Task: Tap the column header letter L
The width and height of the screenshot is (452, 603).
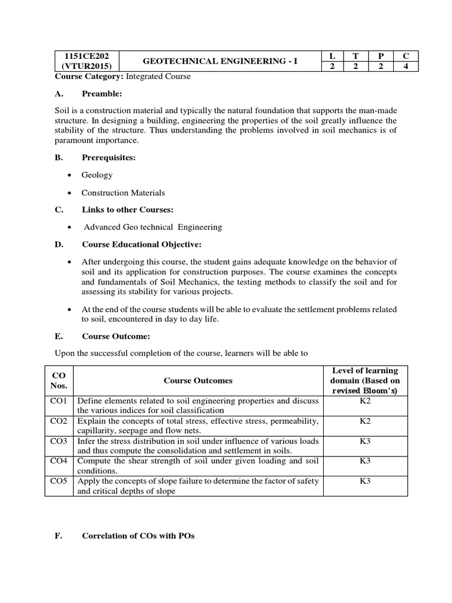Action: pyautogui.click(x=333, y=55)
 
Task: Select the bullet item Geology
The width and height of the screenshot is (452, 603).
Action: pyautogui.click(x=97, y=175)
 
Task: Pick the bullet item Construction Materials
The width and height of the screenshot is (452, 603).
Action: pyautogui.click(x=123, y=193)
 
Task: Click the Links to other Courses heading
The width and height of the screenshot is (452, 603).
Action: pyautogui.click(x=127, y=209)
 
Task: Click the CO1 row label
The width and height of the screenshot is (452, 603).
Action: pyautogui.click(x=59, y=401)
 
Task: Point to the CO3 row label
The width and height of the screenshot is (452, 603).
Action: pyautogui.click(x=59, y=441)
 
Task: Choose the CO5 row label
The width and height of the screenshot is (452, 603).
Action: pyautogui.click(x=59, y=481)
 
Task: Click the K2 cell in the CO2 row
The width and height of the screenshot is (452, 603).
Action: pyautogui.click(x=365, y=421)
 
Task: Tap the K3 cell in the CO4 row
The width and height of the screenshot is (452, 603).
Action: pyautogui.click(x=365, y=461)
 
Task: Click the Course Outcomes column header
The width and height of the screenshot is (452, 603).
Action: pyautogui.click(x=198, y=380)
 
